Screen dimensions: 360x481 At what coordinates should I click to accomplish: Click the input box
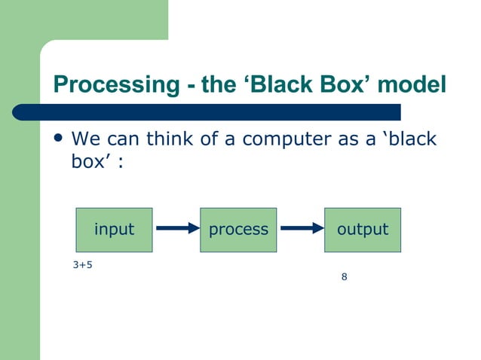(x=114, y=230)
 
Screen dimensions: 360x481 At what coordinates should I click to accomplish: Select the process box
(x=238, y=230)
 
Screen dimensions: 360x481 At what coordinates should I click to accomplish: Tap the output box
(x=363, y=230)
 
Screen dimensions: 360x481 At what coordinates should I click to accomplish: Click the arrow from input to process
(x=176, y=230)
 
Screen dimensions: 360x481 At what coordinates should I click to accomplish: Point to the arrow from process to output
(x=301, y=230)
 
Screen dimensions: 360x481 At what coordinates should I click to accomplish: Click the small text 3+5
(x=82, y=265)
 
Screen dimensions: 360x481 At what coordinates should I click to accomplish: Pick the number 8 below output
(x=344, y=277)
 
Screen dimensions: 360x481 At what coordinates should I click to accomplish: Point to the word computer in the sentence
(x=282, y=139)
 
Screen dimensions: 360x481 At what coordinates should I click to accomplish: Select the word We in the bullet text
(x=83, y=139)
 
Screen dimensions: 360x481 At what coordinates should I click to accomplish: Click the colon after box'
(x=119, y=163)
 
